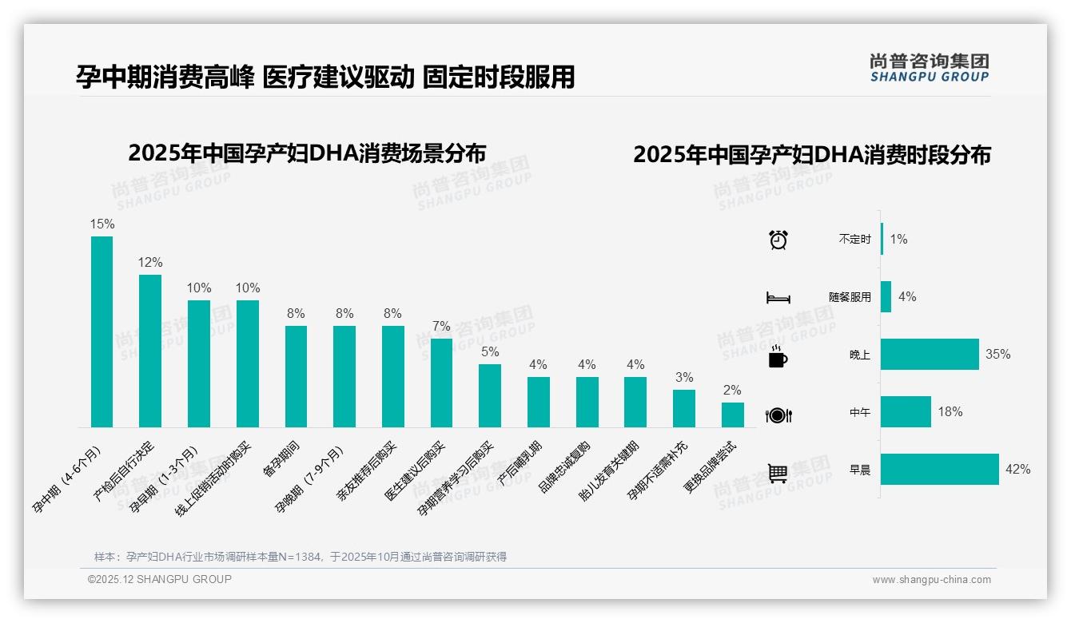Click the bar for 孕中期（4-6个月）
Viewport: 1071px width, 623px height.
(102, 331)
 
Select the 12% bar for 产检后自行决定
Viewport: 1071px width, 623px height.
(150, 351)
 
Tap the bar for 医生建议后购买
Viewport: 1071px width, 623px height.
(441, 383)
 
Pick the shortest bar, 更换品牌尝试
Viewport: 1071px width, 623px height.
(732, 415)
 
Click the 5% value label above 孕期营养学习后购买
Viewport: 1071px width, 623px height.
(490, 351)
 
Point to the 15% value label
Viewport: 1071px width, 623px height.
(102, 224)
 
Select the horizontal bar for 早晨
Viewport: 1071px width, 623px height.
(939, 470)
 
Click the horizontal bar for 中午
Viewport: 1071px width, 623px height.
(906, 412)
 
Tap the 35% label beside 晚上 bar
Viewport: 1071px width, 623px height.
(997, 354)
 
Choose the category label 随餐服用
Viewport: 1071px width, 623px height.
(850, 297)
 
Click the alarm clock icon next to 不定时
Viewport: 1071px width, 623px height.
(778, 240)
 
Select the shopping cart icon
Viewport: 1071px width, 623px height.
(778, 473)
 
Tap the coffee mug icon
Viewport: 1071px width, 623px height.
(778, 358)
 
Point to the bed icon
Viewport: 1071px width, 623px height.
(778, 298)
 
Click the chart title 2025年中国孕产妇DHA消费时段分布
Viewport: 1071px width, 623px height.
(811, 154)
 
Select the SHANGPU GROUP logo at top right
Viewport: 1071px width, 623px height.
(929, 68)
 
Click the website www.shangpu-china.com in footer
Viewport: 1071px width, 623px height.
(931, 580)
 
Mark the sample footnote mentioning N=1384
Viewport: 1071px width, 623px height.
(301, 557)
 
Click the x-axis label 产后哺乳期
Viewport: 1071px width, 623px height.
(520, 463)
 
